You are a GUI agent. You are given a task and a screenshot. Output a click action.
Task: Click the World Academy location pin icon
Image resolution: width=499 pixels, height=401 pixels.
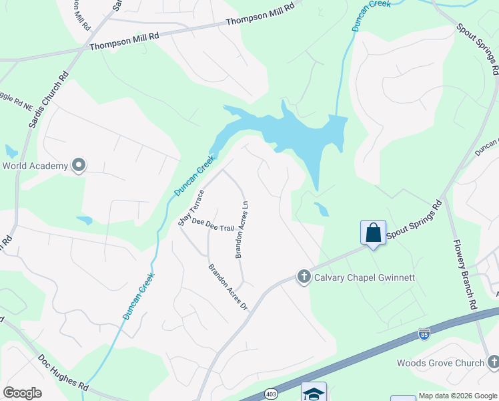(x=79, y=165)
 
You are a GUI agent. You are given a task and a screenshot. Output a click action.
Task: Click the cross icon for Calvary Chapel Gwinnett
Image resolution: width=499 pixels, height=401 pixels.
(x=304, y=277)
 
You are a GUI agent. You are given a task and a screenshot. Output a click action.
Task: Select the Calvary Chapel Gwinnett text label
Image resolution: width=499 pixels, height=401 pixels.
(x=364, y=277)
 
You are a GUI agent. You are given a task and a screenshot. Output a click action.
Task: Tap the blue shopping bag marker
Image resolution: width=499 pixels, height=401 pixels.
(x=373, y=234)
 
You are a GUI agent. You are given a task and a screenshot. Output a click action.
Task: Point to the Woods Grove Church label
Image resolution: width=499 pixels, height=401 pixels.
(x=440, y=363)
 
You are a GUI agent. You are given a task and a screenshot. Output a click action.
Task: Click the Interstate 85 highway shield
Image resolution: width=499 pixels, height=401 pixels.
(x=424, y=333)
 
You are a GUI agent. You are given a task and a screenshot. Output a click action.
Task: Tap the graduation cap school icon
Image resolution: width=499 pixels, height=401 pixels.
(x=314, y=392)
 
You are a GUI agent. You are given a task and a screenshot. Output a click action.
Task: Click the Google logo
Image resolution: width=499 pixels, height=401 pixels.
(x=22, y=393)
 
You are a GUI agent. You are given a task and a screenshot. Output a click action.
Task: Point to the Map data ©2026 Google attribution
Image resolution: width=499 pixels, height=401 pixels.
(x=458, y=396)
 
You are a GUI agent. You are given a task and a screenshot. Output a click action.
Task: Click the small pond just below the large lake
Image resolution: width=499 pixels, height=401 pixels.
(x=321, y=209)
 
